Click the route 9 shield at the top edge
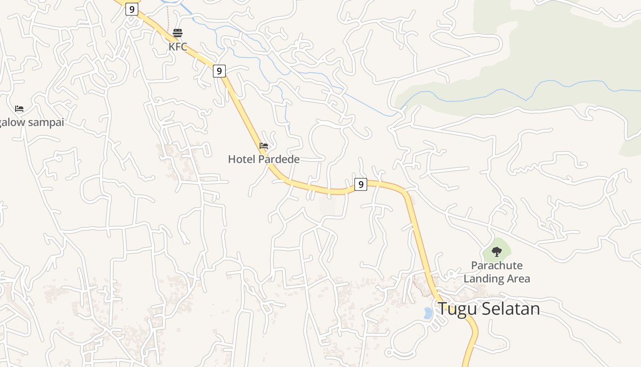pos(132,9)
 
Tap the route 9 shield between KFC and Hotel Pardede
pos(219,71)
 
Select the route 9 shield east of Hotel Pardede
pos(361,184)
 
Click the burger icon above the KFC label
pos(178,33)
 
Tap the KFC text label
pos(178,46)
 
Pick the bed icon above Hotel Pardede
pos(264,146)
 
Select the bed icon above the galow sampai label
pos(19,109)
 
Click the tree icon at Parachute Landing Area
pos(497,251)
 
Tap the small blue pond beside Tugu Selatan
pos(428,313)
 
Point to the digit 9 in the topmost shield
pos(132,9)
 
